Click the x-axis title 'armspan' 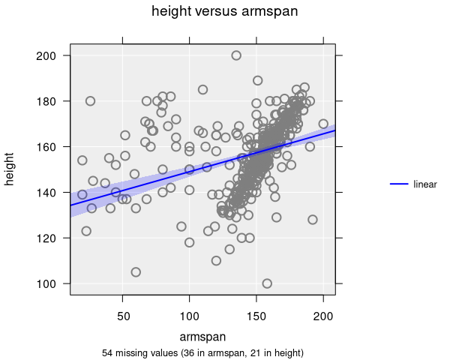coord(202,337)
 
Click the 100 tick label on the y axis coord(52,283)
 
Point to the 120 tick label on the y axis coord(52,238)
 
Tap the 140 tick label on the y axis coord(52,192)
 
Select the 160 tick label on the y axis coord(52,146)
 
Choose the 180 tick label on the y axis coord(52,100)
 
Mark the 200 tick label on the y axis coord(52,55)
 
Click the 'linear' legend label coord(425,184)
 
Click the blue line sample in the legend coord(399,184)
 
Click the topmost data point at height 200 coord(236,55)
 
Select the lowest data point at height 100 coord(267,283)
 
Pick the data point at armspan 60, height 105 coord(136,272)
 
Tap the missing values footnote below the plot coord(202,352)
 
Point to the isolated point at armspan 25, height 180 coord(90,101)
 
